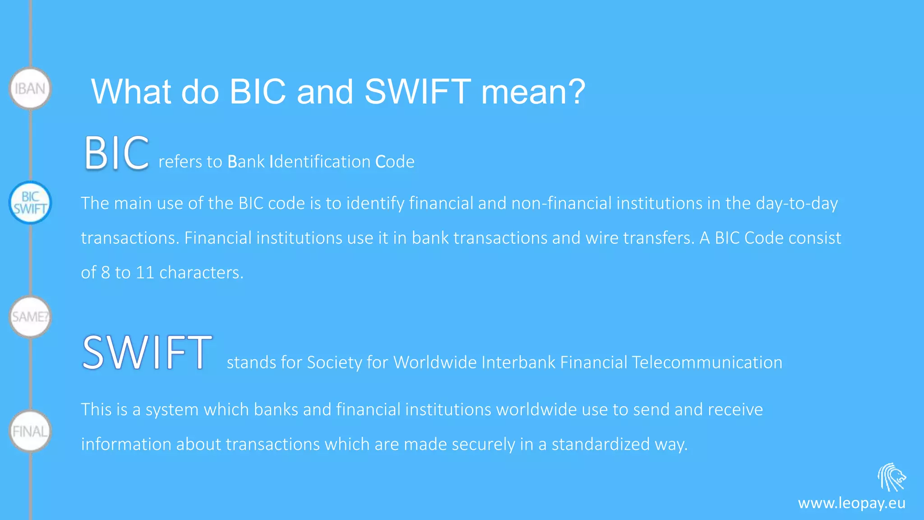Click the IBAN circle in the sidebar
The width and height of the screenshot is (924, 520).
pos(30,88)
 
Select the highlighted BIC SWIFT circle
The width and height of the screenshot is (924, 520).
pos(30,203)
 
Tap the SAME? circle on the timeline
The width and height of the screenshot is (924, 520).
pos(30,317)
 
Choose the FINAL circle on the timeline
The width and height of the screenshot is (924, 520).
pos(30,431)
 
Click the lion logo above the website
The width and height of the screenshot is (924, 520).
pos(892,477)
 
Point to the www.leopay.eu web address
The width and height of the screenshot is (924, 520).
pos(851,503)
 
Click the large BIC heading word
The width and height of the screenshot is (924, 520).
pos(116,153)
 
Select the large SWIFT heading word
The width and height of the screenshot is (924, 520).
pos(147,353)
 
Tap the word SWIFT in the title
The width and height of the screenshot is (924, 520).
pos(417,92)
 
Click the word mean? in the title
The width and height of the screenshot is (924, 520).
pos(533,92)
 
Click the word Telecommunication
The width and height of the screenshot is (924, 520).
pos(707,362)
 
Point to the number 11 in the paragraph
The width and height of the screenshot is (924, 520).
pos(145,273)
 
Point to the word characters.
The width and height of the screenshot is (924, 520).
pos(201,273)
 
